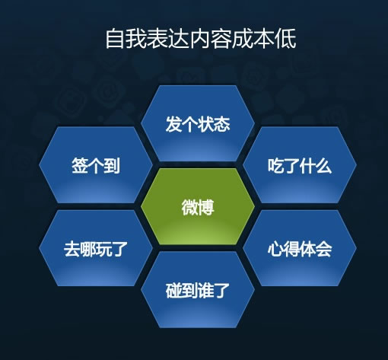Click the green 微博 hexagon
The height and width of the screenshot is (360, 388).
pos(198,206)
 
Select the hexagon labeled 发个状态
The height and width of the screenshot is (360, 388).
pos(198,123)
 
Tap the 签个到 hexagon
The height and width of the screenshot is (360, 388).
pos(96,165)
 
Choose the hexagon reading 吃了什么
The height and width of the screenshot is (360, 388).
pos(300,165)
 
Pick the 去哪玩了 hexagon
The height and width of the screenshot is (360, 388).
pos(96,248)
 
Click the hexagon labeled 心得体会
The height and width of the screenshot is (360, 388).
pos(300,248)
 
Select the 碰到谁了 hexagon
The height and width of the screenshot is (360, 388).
pos(198,290)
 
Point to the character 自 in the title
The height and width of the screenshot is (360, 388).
pos(116,39)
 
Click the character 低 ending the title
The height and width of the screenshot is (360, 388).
pos(286,39)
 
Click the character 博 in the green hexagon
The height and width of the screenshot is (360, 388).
pos(205,207)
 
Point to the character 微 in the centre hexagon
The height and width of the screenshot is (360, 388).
pos(189,207)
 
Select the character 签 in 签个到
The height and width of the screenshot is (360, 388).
pos(80,165)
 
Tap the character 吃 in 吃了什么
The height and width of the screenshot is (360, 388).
pos(275,166)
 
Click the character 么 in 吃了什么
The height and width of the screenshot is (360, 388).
pos(323,166)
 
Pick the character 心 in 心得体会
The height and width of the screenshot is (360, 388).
pos(275,249)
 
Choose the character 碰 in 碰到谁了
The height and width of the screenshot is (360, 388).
pos(173,291)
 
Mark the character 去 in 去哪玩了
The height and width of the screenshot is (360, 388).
pos(72,249)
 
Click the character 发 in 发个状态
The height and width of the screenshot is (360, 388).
pos(173,124)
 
